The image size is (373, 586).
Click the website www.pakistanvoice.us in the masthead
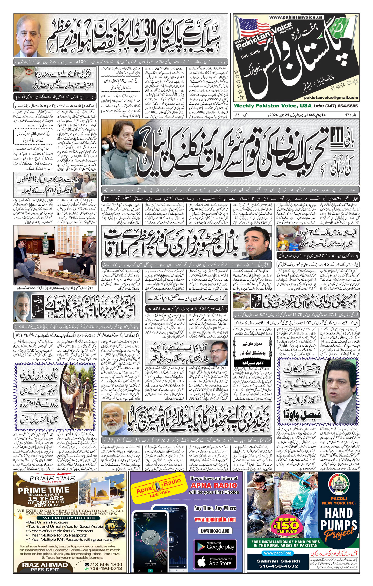pyautogui.click(x=296, y=17)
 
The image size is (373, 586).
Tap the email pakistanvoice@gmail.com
pyautogui.click(x=331, y=98)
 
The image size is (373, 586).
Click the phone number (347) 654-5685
pyautogui.click(x=341, y=106)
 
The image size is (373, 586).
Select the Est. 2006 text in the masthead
pyautogui.click(x=250, y=55)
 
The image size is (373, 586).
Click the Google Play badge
pyautogui.click(x=215, y=547)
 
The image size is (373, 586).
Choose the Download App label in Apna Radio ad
pyautogui.click(x=215, y=531)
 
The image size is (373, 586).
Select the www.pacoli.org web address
pyautogui.click(x=277, y=553)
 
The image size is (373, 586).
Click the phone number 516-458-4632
pyautogui.click(x=278, y=566)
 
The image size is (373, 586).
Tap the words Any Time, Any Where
pyautogui.click(x=215, y=508)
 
